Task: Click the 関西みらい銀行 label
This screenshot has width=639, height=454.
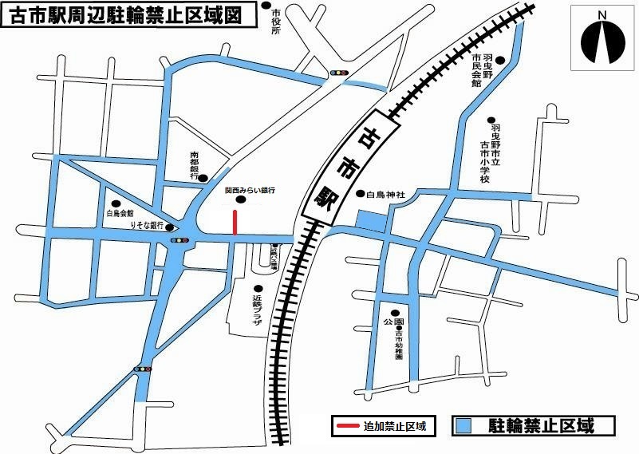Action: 249,191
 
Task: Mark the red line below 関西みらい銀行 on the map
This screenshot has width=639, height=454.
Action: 235,223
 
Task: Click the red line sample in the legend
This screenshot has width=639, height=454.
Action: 345,426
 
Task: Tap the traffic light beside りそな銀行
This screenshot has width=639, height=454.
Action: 179,239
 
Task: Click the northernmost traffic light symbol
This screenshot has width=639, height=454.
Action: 341,73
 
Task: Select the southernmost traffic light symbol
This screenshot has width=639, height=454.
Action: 143,369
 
